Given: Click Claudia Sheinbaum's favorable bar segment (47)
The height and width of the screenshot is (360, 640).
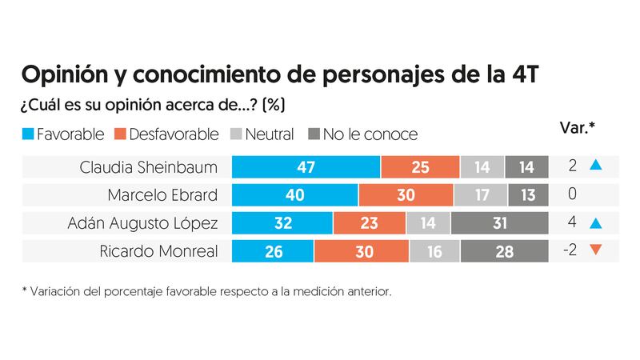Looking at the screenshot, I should point(306,167).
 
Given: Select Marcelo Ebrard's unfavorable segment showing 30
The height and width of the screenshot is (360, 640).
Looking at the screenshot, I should point(406,195).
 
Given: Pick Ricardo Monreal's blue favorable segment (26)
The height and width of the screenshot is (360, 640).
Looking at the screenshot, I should point(272,251).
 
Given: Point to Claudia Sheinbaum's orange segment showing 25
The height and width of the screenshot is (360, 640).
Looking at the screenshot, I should point(420,167).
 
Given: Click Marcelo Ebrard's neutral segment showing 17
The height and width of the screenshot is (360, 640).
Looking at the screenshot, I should point(480,195).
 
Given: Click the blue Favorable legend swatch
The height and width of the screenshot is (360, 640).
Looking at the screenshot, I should point(27,134).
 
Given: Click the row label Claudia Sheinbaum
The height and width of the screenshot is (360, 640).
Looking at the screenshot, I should point(149,167).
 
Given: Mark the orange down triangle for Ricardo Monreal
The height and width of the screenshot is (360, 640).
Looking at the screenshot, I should point(594,251).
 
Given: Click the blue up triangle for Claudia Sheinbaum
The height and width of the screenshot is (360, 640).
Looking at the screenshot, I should point(594,166).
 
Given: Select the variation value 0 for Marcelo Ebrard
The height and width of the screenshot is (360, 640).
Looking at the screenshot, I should point(571,195).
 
